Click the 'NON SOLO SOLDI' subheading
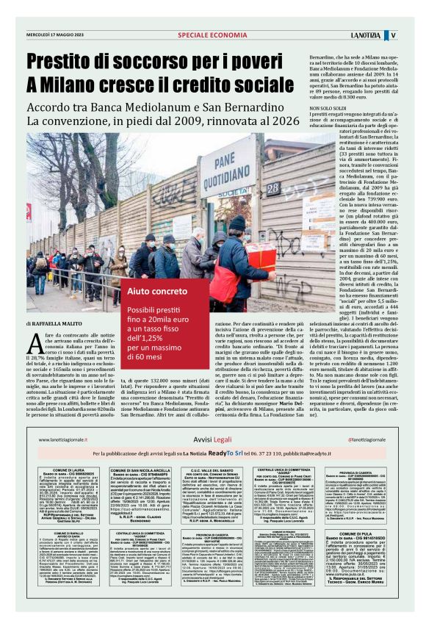pos(331,108)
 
